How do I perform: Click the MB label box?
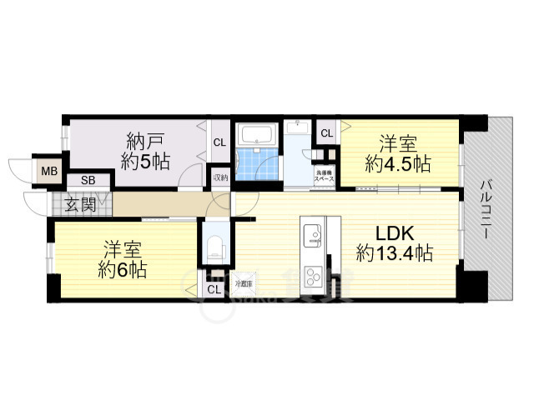50,172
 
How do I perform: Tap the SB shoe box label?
87,180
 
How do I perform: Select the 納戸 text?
146,140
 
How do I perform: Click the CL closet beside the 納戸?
219,142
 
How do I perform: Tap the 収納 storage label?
220,177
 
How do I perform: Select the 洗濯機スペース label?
324,176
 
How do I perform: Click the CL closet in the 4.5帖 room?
326,132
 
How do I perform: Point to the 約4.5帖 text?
397,164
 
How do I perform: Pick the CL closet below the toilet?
214,289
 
